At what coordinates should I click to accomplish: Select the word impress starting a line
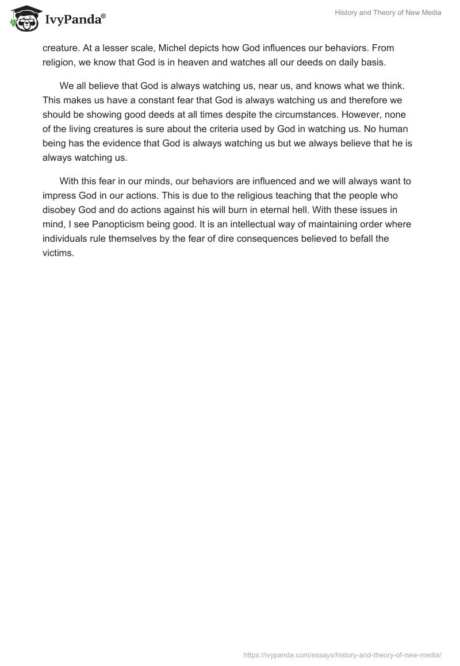click(61, 195)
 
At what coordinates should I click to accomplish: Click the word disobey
click(60, 209)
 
